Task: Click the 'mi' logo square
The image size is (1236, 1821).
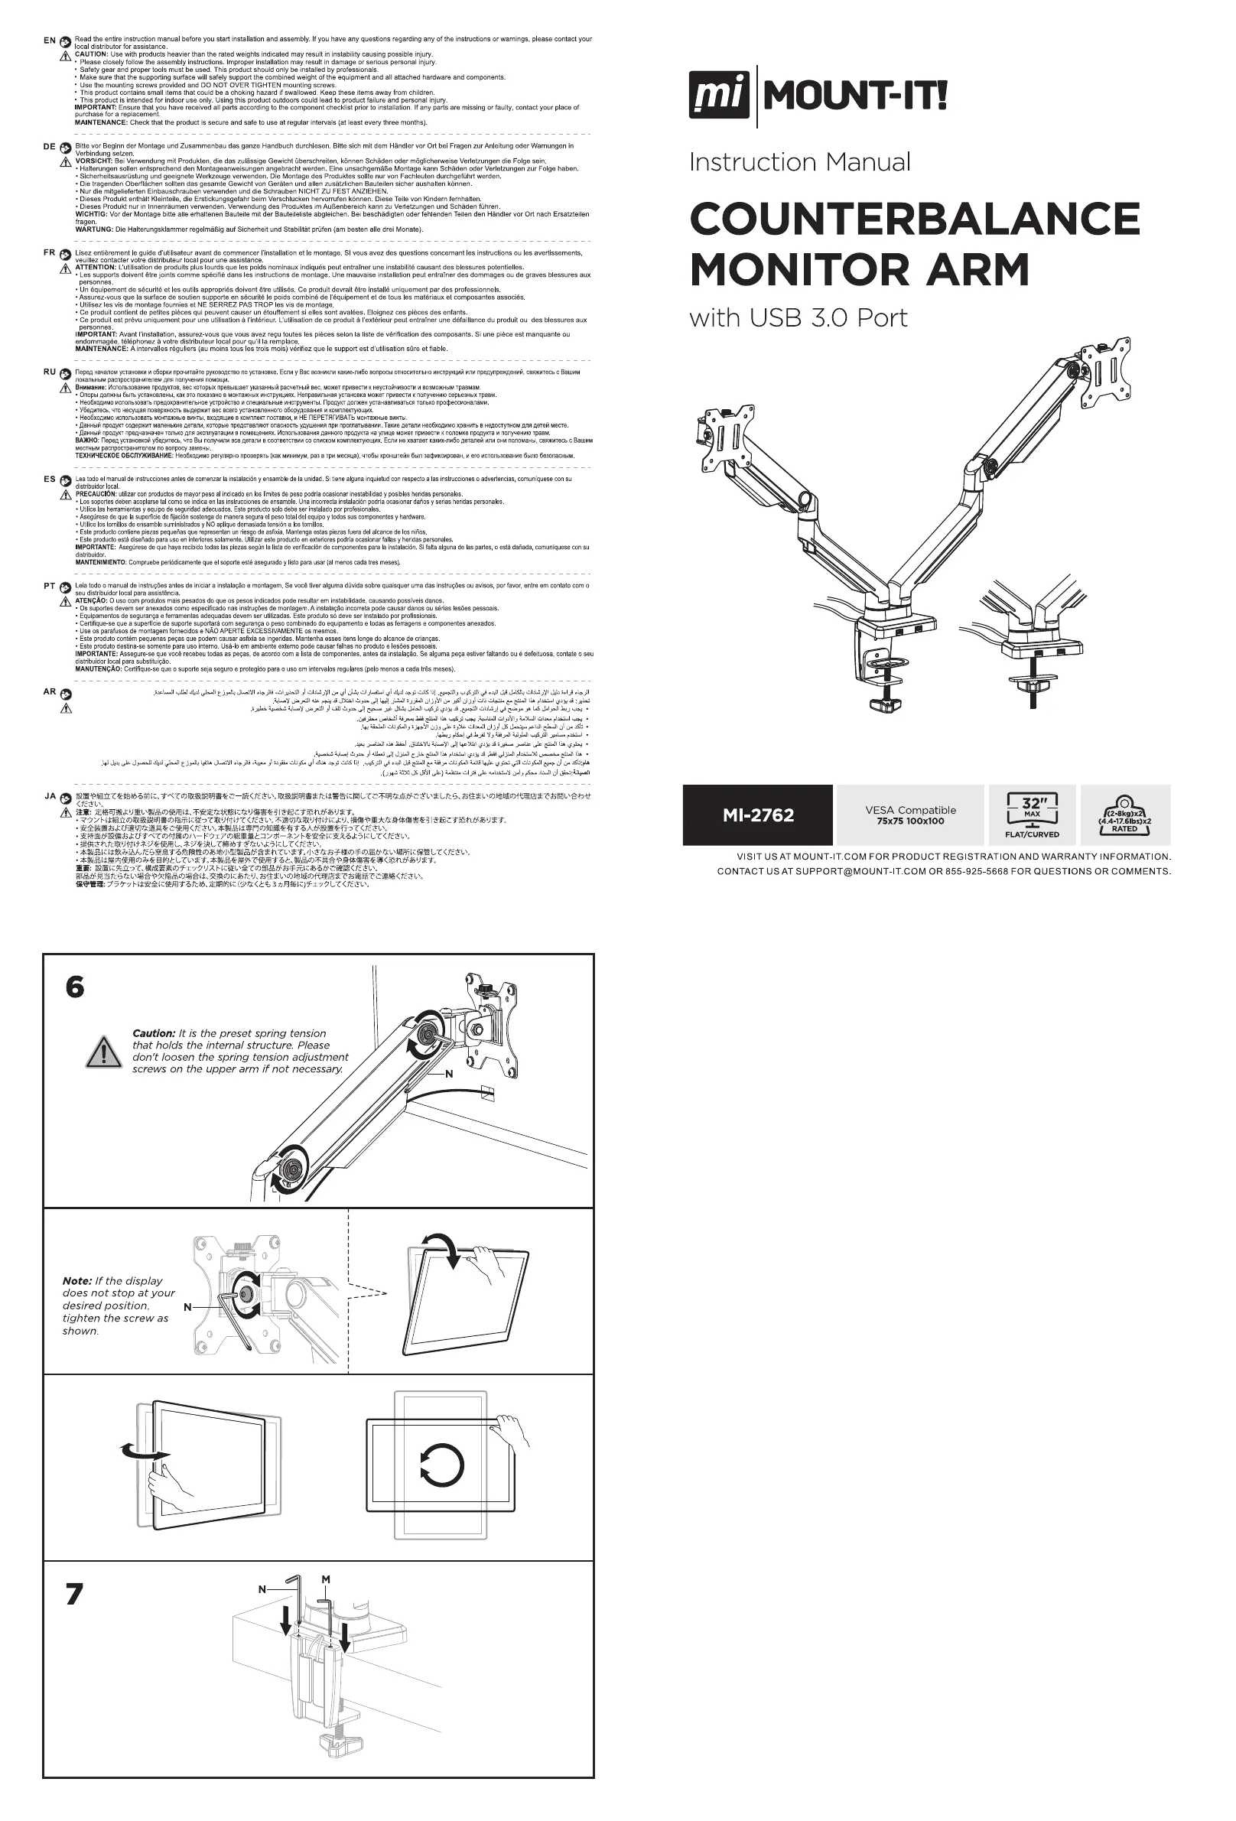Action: tap(720, 95)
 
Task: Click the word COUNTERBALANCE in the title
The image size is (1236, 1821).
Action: tap(914, 219)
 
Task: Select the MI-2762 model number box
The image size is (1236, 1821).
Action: tap(757, 815)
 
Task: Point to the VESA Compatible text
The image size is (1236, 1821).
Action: tap(910, 810)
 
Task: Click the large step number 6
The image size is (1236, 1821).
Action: tap(74, 987)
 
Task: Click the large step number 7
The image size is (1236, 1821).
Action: tap(73, 1594)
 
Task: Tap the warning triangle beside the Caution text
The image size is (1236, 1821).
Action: tap(102, 1052)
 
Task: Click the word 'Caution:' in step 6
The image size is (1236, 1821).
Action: tap(154, 1033)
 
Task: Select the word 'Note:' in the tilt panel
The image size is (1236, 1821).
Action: tap(76, 1280)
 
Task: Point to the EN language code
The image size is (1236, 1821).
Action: tap(50, 40)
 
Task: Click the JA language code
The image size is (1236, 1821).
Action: tap(50, 796)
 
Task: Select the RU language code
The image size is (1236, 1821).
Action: tap(50, 372)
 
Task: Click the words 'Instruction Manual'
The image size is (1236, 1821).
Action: tap(799, 162)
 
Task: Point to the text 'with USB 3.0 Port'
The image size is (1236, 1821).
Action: tap(798, 318)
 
